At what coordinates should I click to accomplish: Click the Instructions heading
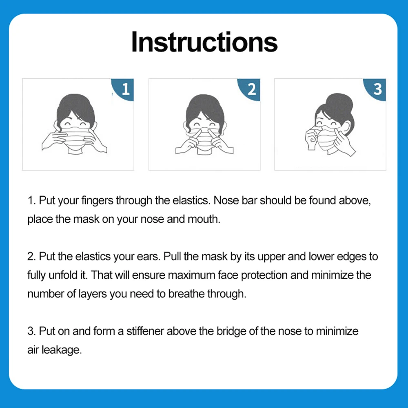(x=204, y=42)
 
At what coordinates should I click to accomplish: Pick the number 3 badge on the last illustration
(x=378, y=89)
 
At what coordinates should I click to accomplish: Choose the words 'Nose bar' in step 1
(x=235, y=201)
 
